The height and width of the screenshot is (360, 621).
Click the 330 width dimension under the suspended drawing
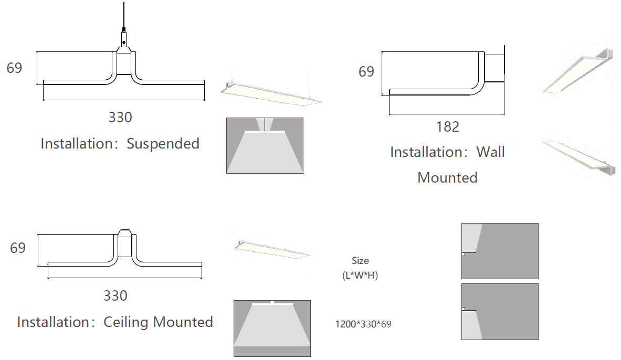pyautogui.click(x=120, y=118)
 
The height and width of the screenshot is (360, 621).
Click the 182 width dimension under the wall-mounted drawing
pyautogui.click(x=448, y=126)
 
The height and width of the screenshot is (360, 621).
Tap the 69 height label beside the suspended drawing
pyautogui.click(x=14, y=68)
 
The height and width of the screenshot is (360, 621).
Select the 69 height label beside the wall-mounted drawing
pyautogui.click(x=366, y=72)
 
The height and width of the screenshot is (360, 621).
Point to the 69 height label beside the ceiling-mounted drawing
pyautogui.click(x=18, y=248)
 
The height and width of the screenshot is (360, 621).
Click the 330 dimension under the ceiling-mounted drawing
pyautogui.click(x=115, y=296)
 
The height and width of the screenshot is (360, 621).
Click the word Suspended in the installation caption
pyautogui.click(x=163, y=144)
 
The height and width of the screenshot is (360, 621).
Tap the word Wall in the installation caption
pyautogui.click(x=490, y=152)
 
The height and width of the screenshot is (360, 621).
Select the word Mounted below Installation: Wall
pyautogui.click(x=447, y=178)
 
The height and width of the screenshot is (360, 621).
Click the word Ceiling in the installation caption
pyautogui.click(x=126, y=322)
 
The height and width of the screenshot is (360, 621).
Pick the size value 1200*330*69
pyautogui.click(x=363, y=324)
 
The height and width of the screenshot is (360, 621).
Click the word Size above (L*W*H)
pyautogui.click(x=360, y=261)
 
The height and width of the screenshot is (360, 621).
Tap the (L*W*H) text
pyautogui.click(x=360, y=276)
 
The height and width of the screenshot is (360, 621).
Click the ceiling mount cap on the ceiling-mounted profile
pyautogui.click(x=124, y=234)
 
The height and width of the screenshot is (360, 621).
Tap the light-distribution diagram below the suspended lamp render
pyautogui.click(x=265, y=145)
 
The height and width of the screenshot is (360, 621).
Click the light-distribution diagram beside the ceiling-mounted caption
pyautogui.click(x=272, y=329)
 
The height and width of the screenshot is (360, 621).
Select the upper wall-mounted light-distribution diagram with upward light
pyautogui.click(x=500, y=251)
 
